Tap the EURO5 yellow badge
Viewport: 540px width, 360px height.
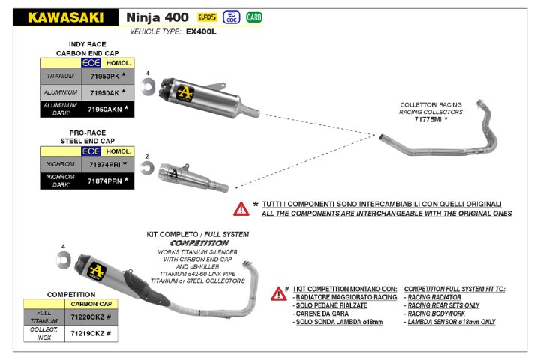[x=205, y=16]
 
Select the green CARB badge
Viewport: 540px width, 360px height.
[x=254, y=16]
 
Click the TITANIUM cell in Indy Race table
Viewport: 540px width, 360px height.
[x=61, y=76]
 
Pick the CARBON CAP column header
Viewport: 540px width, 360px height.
[x=92, y=304]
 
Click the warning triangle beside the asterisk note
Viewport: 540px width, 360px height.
[x=241, y=208]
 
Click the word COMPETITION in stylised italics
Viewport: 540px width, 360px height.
[x=198, y=244]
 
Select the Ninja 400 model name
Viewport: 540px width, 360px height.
[x=157, y=16]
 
